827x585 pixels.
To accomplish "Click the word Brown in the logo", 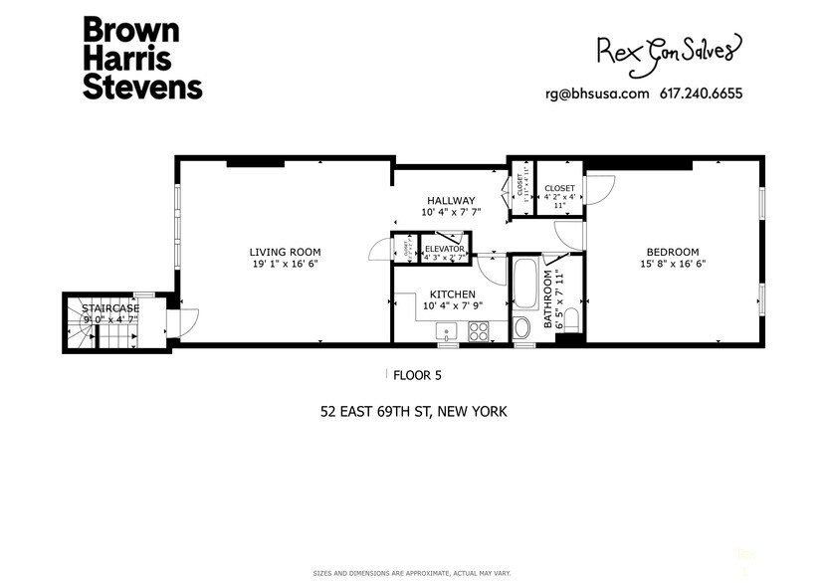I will click(124, 31).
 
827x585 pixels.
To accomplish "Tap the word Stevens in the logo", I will click(142, 87).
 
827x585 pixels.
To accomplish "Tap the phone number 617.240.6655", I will click(701, 95).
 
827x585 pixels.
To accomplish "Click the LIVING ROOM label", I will click(285, 252).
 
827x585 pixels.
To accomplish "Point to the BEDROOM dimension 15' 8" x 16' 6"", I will click(672, 265).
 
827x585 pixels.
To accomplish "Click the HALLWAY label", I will click(451, 200).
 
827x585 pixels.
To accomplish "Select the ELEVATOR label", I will click(445, 248).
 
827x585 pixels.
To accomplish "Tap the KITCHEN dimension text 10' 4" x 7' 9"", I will click(451, 306).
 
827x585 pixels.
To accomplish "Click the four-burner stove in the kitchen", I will click(479, 331).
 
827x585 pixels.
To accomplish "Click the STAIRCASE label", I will click(110, 309).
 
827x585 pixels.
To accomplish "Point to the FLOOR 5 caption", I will click(416, 375).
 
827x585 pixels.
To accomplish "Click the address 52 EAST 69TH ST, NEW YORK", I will click(413, 410).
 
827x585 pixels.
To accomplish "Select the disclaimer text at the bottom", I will click(413, 573).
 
